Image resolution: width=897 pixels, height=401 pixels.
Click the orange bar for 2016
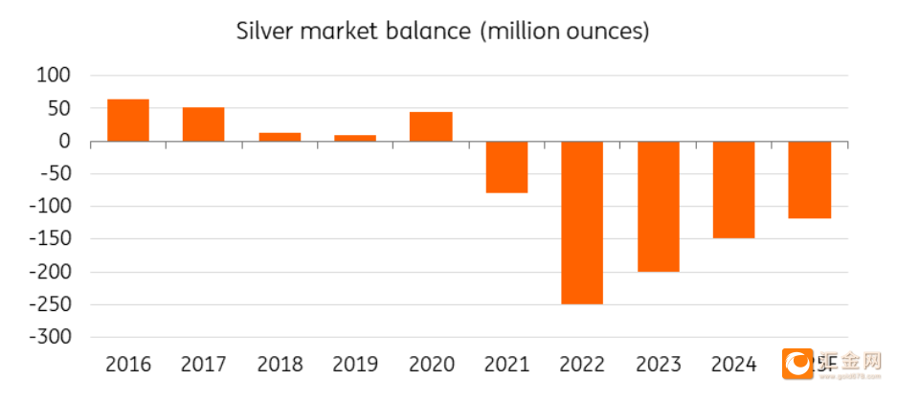tap(128, 120)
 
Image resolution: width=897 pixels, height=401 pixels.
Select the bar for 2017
tap(203, 124)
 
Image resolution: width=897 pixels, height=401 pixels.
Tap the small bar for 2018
tap(280, 137)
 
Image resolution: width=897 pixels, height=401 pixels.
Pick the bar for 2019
tap(355, 138)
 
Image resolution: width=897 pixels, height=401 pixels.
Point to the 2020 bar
tap(431, 126)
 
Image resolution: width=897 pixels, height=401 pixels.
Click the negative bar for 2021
tap(506, 167)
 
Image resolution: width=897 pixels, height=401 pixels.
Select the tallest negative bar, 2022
tap(582, 223)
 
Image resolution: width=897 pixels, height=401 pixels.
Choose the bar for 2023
tap(658, 207)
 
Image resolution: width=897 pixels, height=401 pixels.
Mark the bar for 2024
tap(733, 189)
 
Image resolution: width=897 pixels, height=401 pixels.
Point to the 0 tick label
tap(66, 141)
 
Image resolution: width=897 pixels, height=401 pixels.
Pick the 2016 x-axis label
tap(128, 365)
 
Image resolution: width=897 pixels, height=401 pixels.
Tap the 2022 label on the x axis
tap(582, 365)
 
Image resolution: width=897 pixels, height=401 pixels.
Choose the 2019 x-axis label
tap(355, 365)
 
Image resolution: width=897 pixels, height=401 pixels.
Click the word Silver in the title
tap(264, 31)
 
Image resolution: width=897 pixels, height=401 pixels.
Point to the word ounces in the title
tap(602, 31)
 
